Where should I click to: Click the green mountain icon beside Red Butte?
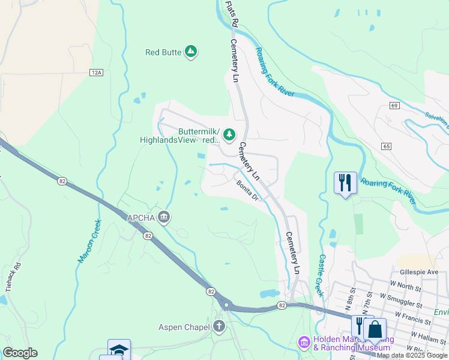pos(191,52)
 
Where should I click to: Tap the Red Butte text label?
pos(163,52)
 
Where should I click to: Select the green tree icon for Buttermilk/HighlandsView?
pos(229,136)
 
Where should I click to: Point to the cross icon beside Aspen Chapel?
pos(219,326)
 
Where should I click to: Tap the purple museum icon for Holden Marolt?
pos(304,343)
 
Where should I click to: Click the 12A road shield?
pos(97,73)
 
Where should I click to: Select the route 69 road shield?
pos(394,106)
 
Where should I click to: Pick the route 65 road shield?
pos(385,146)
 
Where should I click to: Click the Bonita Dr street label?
pos(247,190)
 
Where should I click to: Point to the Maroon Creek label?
pos(89,241)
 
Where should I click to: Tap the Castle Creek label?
pos(321,275)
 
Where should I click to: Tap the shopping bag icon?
pos(375,330)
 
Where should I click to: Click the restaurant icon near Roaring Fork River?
pos(345,182)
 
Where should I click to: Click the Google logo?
pos(20,353)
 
